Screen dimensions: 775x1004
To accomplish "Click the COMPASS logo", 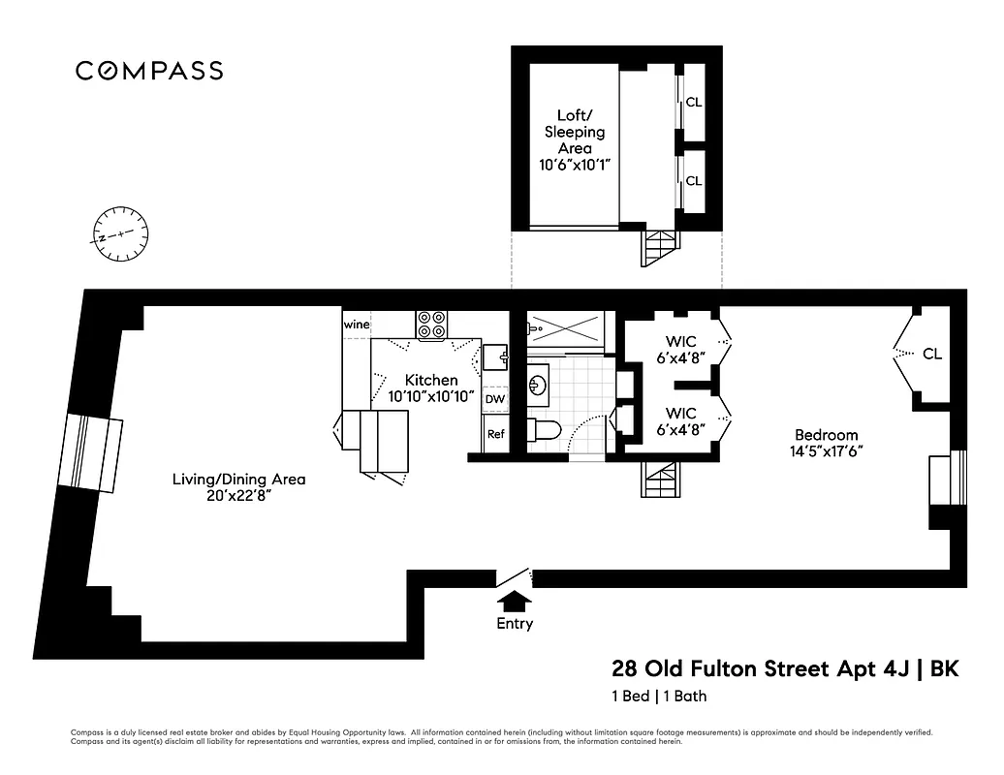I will (x=149, y=71).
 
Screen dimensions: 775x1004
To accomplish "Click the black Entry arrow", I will (x=514, y=602).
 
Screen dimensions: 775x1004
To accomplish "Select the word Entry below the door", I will (x=515, y=624).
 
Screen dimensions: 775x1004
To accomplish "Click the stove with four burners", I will (x=432, y=325).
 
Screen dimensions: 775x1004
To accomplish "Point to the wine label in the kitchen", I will (x=356, y=325).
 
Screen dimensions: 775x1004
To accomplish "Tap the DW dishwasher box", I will (x=494, y=398).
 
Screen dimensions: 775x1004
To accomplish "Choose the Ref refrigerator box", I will (x=495, y=434).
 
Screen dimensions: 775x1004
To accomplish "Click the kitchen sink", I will (x=496, y=356).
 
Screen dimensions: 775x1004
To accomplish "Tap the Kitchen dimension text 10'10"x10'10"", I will (x=431, y=395).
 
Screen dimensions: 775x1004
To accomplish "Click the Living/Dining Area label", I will (x=238, y=479).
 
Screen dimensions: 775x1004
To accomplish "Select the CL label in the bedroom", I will (x=931, y=354).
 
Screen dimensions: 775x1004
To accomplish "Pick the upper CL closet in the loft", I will (x=694, y=102).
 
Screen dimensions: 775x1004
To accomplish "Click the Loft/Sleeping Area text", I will (x=574, y=131).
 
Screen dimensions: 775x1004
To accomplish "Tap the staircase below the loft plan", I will (x=657, y=249).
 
